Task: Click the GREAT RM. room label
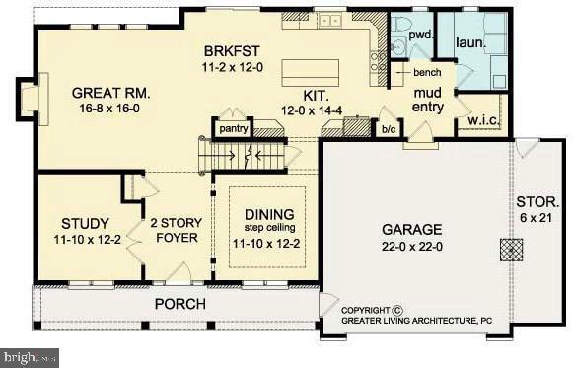110,94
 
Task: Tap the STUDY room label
84,223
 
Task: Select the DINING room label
269,214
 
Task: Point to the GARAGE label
411,229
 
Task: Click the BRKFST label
233,51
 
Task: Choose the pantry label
233,128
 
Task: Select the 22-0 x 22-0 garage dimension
411,247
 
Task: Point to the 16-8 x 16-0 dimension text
110,111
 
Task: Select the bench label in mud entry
427,74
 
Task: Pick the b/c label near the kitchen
390,128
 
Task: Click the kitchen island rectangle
310,72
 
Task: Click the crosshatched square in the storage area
511,250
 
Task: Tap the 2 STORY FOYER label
176,230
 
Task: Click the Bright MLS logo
31,356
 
